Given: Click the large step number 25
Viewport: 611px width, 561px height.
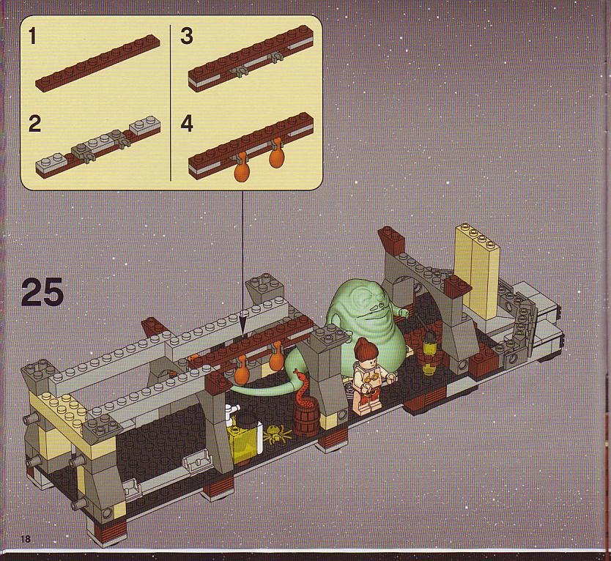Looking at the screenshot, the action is (42, 292).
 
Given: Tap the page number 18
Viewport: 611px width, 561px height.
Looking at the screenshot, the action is (26, 539).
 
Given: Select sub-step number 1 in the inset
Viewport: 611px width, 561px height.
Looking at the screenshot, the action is (32, 37).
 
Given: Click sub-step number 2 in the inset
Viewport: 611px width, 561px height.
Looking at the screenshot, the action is (35, 124).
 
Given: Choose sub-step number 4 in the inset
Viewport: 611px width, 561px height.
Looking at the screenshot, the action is (187, 124).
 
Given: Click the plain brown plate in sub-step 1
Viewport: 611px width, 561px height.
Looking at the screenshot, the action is (98, 64).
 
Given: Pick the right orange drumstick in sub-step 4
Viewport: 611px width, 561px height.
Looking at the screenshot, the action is (277, 154).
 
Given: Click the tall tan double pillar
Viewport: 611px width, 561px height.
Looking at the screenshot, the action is (476, 273).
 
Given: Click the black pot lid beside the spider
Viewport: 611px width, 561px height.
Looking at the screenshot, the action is (246, 420).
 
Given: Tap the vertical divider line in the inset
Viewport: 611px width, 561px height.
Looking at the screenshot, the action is (171, 103).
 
